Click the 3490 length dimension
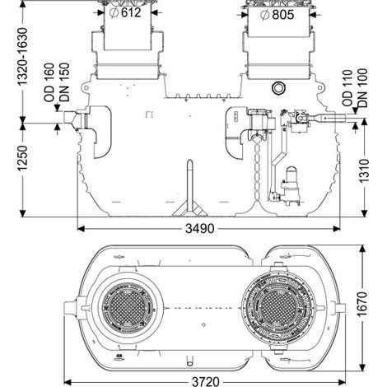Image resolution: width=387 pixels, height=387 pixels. pyautogui.click(x=199, y=228)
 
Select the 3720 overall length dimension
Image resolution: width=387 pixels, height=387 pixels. pyautogui.click(x=206, y=382)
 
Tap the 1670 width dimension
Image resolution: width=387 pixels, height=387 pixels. pyautogui.click(x=362, y=305)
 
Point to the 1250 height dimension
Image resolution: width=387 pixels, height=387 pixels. pyautogui.click(x=22, y=158)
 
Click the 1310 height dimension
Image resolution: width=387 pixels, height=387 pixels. pyautogui.click(x=364, y=170)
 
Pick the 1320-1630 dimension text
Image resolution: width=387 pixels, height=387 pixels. pyautogui.click(x=22, y=56)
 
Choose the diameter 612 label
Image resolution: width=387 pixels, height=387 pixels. pyautogui.click(x=125, y=12)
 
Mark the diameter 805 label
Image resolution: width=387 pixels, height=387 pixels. pyautogui.click(x=277, y=15)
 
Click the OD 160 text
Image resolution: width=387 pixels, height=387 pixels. pyautogui.click(x=49, y=82)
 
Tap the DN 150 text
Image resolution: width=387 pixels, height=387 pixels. pyautogui.click(x=64, y=82)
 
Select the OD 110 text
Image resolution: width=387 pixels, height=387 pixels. pyautogui.click(x=347, y=88)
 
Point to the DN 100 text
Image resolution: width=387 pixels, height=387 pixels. pyautogui.click(x=362, y=88)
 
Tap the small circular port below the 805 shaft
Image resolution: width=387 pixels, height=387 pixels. pyautogui.click(x=277, y=88)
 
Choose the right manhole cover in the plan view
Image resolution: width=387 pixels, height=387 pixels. pyautogui.click(x=278, y=308)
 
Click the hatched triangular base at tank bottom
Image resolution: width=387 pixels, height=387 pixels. pyautogui.click(x=190, y=209)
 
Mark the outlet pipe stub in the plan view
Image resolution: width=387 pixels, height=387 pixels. pyautogui.click(x=340, y=308)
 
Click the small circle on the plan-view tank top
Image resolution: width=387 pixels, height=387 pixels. pyautogui.click(x=203, y=324)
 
